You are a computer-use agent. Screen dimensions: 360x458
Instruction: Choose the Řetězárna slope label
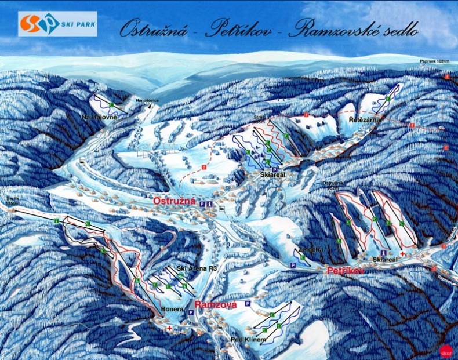tap(364, 120)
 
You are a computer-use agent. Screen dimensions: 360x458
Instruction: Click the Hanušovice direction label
tap(147, 100)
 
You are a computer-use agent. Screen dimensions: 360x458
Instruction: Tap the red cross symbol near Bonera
tap(169, 328)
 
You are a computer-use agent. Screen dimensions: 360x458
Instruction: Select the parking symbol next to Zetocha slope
tap(293, 264)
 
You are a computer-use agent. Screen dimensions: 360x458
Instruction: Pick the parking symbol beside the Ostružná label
tap(202, 204)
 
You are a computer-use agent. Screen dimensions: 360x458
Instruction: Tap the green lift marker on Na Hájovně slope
tap(111, 104)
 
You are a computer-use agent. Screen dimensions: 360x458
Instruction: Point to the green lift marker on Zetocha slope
tap(302, 256)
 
